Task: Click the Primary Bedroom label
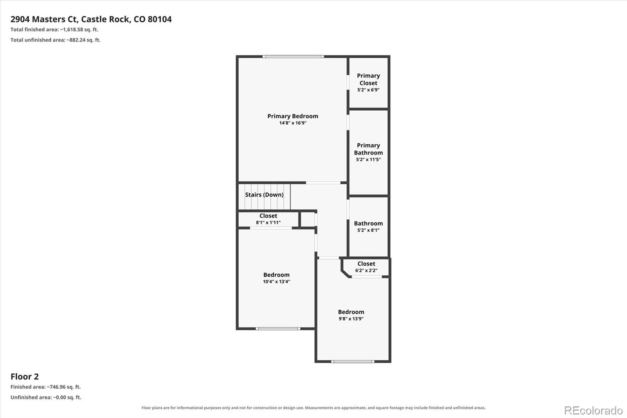tap(293, 116)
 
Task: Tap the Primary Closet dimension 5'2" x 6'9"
tap(368, 90)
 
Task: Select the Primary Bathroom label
tap(368, 149)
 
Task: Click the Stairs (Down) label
tap(264, 195)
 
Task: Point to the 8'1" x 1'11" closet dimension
tap(268, 223)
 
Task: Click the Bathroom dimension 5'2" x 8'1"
tap(368, 230)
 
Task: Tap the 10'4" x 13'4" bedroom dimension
tap(276, 282)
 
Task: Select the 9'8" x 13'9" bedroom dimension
tap(351, 319)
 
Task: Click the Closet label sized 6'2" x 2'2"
tap(366, 264)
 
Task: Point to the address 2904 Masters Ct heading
tap(91, 19)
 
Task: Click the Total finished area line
tap(54, 29)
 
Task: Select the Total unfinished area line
tap(55, 40)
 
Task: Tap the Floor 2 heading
tap(25, 376)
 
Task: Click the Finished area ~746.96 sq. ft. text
tap(45, 387)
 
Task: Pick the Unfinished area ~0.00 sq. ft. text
tap(46, 397)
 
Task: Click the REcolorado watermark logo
tap(593, 411)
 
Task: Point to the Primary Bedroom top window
tap(293, 56)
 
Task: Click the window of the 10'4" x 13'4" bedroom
tap(278, 329)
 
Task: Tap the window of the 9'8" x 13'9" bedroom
tap(353, 362)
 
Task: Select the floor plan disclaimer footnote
tap(313, 408)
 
